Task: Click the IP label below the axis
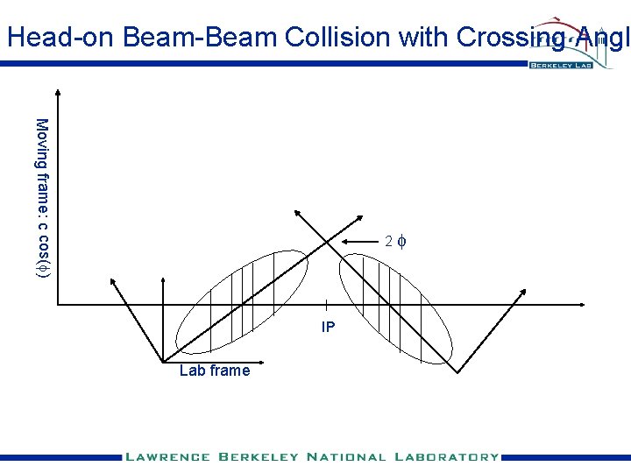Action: [x=328, y=328]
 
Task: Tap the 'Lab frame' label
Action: [x=214, y=371]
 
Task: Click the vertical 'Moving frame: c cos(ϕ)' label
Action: [x=42, y=198]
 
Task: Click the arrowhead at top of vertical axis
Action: [x=58, y=94]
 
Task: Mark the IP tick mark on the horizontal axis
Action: [x=326, y=305]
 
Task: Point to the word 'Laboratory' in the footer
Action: [x=448, y=456]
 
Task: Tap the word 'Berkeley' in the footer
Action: [x=254, y=456]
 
